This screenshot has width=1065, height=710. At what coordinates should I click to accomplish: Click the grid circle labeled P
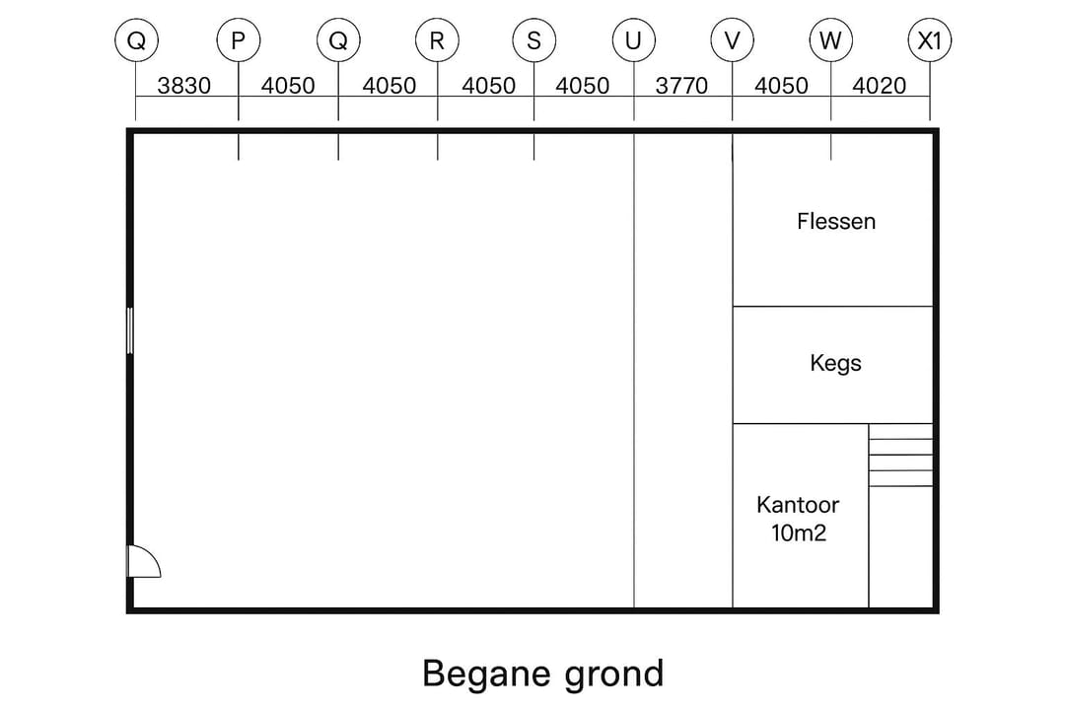click(x=238, y=41)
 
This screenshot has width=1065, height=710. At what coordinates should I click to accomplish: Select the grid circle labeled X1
click(x=929, y=41)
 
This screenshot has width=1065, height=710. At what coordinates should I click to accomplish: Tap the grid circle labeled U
click(x=633, y=41)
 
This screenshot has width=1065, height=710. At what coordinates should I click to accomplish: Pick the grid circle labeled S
click(x=533, y=41)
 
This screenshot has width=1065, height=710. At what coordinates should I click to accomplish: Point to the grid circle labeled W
click(x=830, y=41)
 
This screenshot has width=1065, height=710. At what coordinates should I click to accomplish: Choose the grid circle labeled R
click(x=437, y=41)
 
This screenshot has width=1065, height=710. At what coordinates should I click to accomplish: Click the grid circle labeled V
click(x=732, y=41)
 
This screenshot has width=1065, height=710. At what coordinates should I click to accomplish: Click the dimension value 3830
click(x=184, y=86)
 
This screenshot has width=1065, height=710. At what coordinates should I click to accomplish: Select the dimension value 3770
click(x=681, y=86)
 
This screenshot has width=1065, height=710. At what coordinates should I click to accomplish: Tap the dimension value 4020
click(x=879, y=86)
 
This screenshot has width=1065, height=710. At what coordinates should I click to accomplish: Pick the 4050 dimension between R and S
click(x=488, y=86)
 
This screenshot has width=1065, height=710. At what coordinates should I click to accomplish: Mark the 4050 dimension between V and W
click(x=781, y=86)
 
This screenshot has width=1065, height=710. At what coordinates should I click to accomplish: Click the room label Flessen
click(x=835, y=221)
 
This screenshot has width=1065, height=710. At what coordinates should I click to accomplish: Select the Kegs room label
click(x=835, y=363)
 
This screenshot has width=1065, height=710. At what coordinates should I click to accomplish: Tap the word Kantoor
click(x=798, y=505)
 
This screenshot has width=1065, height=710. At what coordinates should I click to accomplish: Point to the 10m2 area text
click(x=798, y=533)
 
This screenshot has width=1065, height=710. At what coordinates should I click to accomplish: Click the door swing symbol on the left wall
click(x=143, y=562)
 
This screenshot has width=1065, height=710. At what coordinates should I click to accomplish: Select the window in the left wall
click(x=129, y=330)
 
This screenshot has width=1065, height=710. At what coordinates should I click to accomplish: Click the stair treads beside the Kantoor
click(x=900, y=455)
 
